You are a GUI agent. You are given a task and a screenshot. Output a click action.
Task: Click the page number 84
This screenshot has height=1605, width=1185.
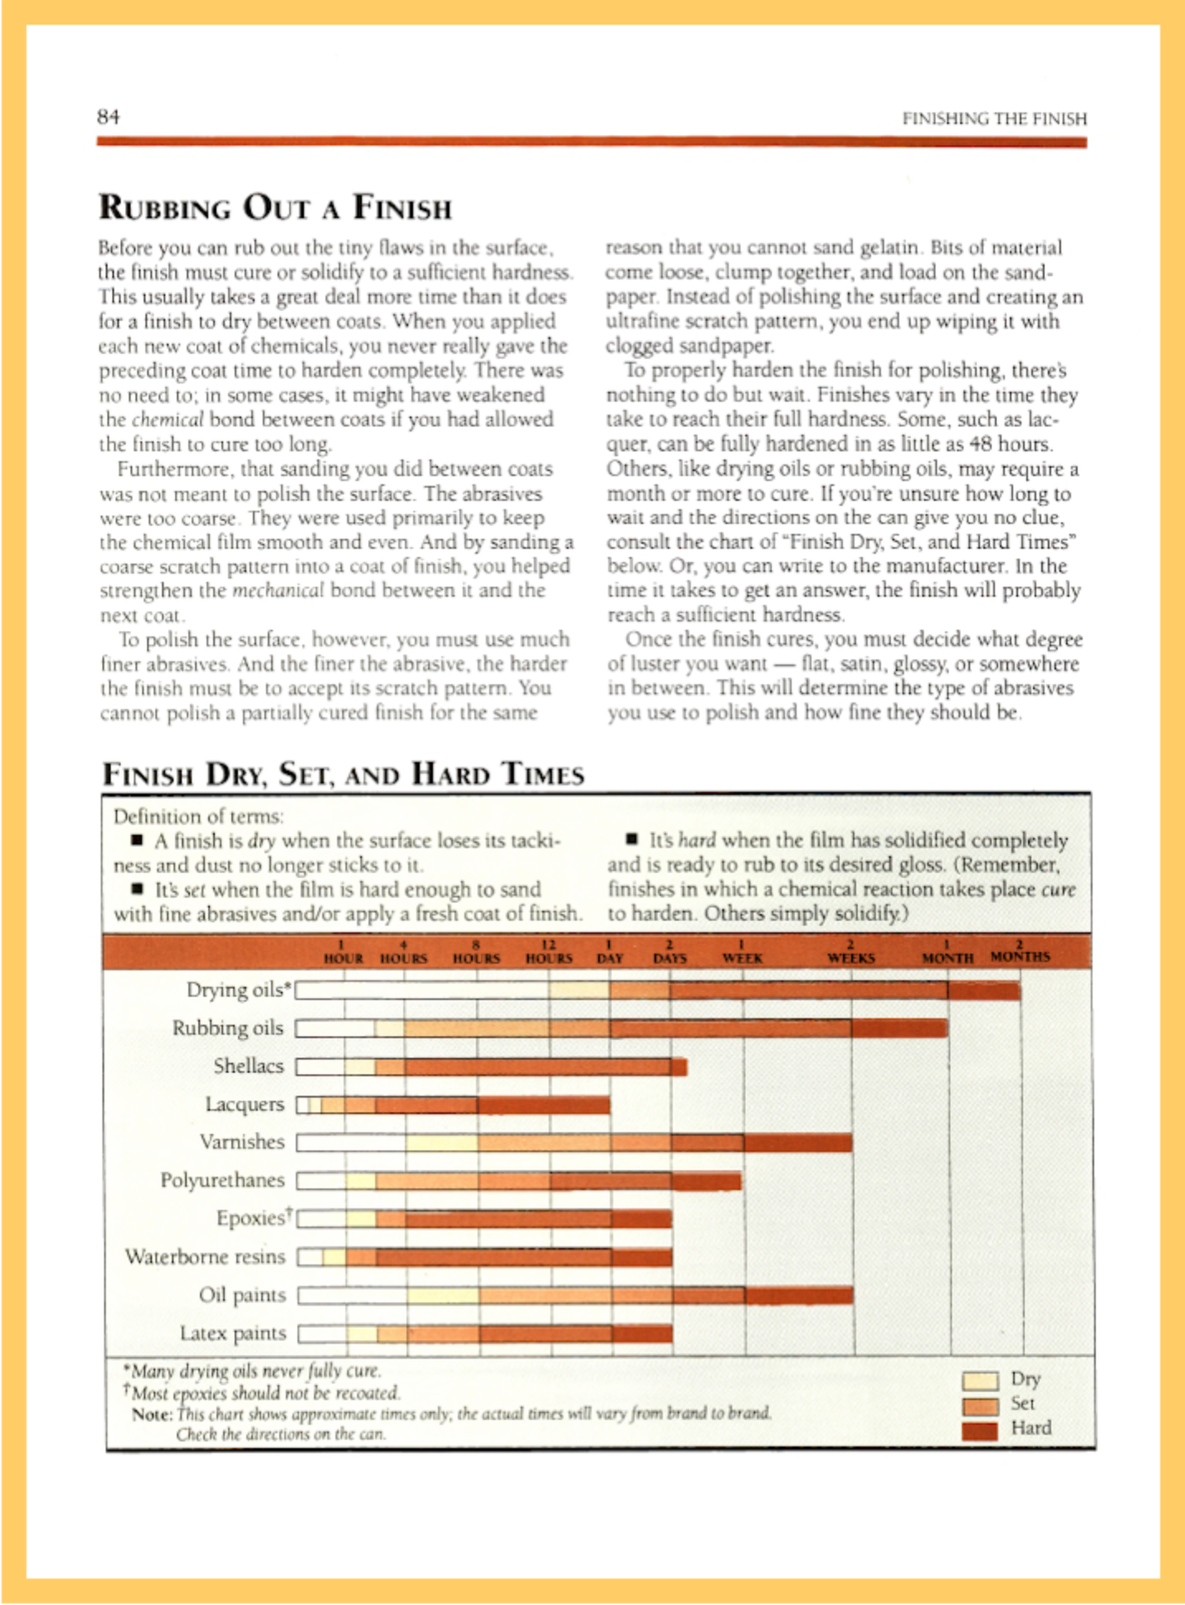coord(108,117)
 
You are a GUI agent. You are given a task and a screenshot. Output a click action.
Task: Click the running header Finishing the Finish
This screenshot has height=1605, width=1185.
coord(994,118)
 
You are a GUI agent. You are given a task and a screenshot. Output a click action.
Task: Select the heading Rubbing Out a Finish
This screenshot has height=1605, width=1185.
coord(275,207)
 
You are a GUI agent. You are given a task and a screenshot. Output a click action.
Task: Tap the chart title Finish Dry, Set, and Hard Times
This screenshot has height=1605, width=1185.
coord(343,774)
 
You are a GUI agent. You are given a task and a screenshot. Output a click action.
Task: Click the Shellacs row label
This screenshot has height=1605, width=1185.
coord(248,1066)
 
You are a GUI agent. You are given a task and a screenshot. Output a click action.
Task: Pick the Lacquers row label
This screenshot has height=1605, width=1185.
coord(244,1104)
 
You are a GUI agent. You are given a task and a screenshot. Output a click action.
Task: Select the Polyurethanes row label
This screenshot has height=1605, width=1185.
coord(221,1180)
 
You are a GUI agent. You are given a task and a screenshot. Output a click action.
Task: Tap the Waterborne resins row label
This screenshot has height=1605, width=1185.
coord(205,1256)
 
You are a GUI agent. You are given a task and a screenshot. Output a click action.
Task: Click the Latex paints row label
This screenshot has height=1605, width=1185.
coord(232,1333)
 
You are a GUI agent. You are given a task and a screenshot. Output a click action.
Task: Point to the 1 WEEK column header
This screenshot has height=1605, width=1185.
coord(742,952)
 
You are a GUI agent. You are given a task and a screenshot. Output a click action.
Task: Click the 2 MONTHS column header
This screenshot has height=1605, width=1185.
coord(1020,951)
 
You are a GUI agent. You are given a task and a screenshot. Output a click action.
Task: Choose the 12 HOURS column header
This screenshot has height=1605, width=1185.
coord(549,952)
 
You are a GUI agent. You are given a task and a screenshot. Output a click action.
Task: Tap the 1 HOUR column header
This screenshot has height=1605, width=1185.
coord(343,952)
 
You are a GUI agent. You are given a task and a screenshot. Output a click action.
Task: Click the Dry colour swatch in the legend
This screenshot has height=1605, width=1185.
coord(980,1380)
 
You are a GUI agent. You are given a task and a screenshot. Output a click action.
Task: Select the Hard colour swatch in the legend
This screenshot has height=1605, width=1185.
coord(980,1431)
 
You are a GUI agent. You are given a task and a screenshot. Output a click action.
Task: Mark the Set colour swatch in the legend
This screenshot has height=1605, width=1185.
coord(980,1406)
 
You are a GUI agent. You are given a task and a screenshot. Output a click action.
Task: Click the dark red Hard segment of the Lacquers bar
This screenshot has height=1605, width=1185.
coord(543,1105)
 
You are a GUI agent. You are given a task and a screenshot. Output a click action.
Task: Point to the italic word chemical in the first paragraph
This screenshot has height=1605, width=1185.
coord(167,420)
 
